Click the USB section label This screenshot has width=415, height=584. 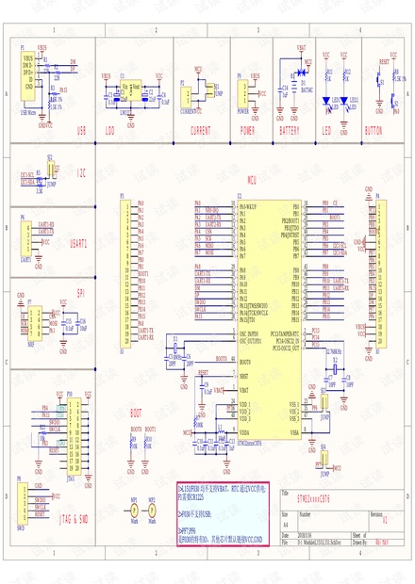pyautogui.click(x=81, y=131)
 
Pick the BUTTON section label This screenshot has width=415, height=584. pyautogui.click(x=373, y=131)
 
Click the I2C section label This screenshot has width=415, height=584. pyautogui.click(x=80, y=174)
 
